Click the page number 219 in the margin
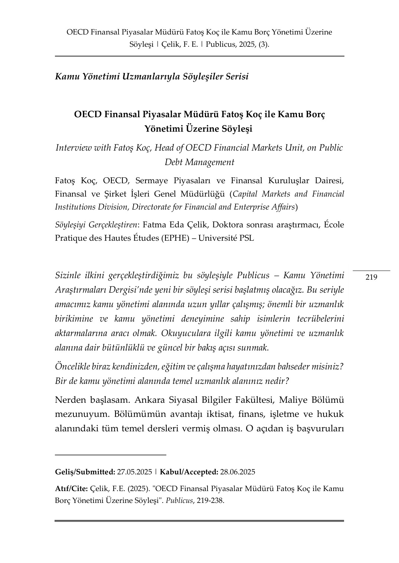pyautogui.click(x=371, y=277)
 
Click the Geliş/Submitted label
pyautogui.click(x=85, y=472)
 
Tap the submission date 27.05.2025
pyautogui.click(x=134, y=472)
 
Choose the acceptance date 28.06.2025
pyautogui.click(x=238, y=472)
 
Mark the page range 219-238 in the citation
pyautogui.click(x=210, y=500)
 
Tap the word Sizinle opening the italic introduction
pyautogui.click(x=68, y=276)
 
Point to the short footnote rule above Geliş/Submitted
pyautogui.click(x=110, y=454)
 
